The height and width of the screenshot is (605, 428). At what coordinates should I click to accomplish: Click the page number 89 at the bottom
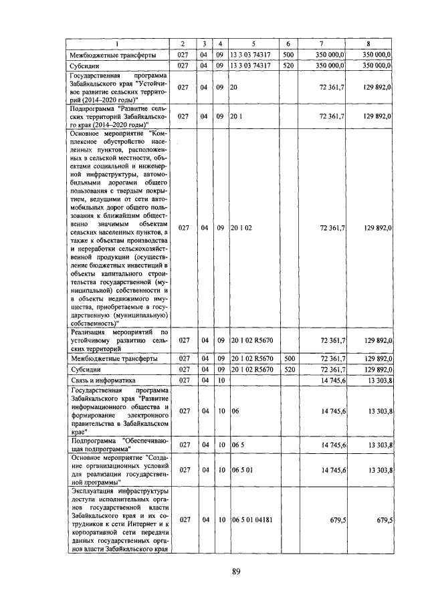click(x=236, y=571)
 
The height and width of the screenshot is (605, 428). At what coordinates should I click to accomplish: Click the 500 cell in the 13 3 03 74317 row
click(x=288, y=54)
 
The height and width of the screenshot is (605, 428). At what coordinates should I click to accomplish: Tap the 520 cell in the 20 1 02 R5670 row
click(x=288, y=369)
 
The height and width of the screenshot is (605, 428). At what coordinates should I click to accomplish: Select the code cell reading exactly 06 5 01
click(x=241, y=471)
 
